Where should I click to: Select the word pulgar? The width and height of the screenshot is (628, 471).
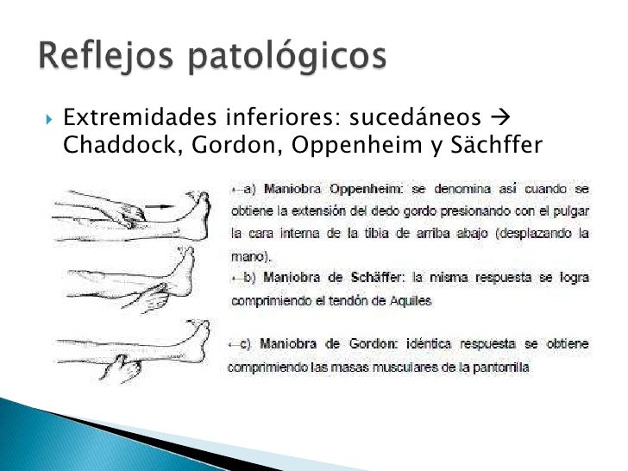[x=570, y=210]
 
